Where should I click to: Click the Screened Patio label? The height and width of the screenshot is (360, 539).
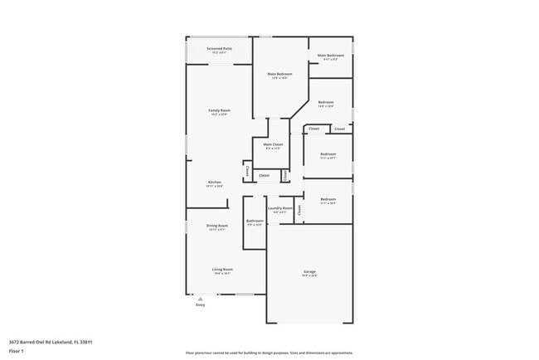pos(220,49)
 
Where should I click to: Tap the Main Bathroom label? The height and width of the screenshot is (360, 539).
pos(330,56)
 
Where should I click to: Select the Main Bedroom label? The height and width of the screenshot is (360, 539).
pos(279,75)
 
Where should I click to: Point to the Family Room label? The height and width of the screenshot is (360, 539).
pos(220,110)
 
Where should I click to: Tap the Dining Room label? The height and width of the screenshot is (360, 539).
pos(217,226)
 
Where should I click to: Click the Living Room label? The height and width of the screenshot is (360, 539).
pos(222,269)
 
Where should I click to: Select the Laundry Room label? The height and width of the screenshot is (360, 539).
pos(279,208)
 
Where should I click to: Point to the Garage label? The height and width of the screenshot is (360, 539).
pos(308,272)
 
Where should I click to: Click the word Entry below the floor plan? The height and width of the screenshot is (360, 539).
pos(200,305)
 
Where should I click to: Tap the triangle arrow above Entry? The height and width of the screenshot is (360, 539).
pos(199,296)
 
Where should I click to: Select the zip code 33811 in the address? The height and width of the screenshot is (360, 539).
pos(85,341)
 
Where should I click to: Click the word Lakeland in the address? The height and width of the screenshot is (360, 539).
pos(61,341)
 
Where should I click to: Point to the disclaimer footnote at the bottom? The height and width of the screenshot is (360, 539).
pos(269,353)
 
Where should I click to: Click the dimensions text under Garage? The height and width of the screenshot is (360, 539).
pos(308,276)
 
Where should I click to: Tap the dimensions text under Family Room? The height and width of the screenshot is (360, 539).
pos(220,114)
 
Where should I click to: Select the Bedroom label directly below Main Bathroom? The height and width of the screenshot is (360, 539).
pos(326,102)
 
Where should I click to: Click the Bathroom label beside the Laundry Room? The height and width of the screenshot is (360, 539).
pos(255,221)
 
